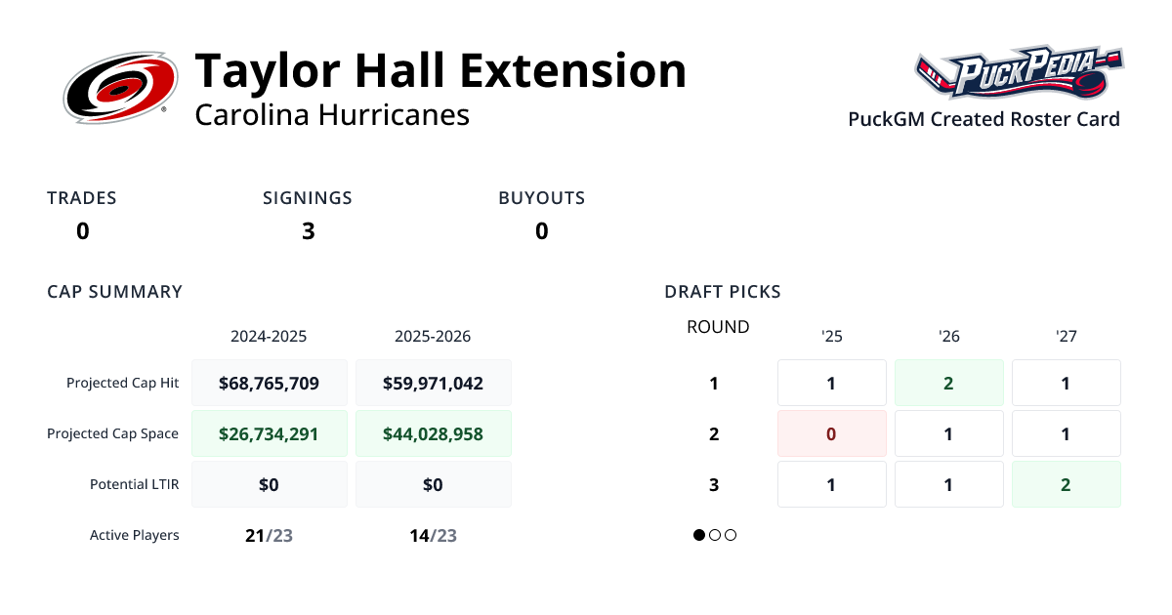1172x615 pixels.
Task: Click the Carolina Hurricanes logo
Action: (x=120, y=89)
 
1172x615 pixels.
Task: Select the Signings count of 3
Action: (x=308, y=231)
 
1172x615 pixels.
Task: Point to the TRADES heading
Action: (x=82, y=198)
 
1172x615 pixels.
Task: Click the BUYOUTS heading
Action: (x=541, y=198)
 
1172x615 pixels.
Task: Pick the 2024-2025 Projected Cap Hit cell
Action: (x=270, y=383)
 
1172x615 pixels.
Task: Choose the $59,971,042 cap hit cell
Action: (x=434, y=383)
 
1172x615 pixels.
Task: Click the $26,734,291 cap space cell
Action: (x=270, y=433)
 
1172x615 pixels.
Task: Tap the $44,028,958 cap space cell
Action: (x=434, y=433)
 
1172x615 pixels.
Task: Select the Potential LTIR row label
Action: (x=134, y=484)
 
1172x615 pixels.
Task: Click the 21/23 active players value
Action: (x=269, y=535)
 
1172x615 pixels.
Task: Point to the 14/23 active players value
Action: (x=433, y=535)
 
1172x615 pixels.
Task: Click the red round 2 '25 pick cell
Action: (x=832, y=433)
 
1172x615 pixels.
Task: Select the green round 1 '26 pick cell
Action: (x=949, y=383)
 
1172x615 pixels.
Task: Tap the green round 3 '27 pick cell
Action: (x=1067, y=484)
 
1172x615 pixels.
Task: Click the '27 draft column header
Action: (x=1067, y=337)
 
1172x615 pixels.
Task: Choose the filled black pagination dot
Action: (x=699, y=535)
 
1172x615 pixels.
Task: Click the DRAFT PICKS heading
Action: (x=723, y=292)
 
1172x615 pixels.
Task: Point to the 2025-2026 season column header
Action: (x=433, y=337)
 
